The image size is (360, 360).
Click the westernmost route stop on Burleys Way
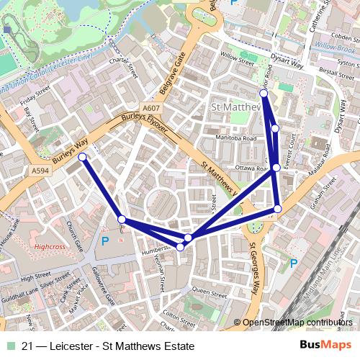coord(83,157)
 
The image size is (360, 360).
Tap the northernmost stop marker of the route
coord(264,93)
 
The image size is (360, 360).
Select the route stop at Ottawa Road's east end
coord(276,168)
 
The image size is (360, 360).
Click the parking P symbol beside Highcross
coord(106,240)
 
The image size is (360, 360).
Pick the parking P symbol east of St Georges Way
coord(292,263)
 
